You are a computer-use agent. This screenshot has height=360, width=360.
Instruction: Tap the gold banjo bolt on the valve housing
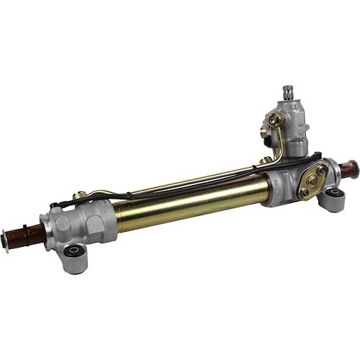(274, 120)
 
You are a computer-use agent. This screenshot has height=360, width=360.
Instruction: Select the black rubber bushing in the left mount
(73, 251)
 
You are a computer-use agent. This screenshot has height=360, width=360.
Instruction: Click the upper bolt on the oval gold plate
(320, 170)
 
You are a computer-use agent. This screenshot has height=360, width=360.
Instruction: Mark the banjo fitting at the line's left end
(81, 194)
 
